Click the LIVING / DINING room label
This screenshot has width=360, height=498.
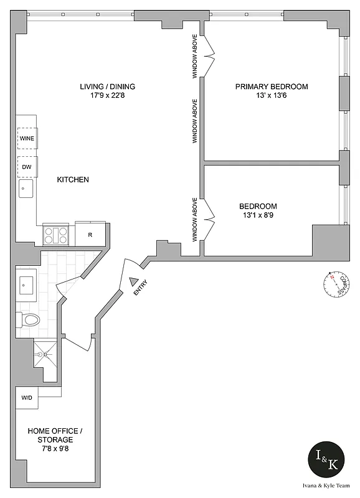click(x=107, y=87)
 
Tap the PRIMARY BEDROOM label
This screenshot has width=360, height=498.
click(x=271, y=87)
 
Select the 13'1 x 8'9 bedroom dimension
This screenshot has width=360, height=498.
click(x=258, y=216)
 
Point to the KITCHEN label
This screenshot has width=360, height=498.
click(x=73, y=180)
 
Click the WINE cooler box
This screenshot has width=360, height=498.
click(x=27, y=138)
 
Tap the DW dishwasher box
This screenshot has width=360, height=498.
click(x=27, y=167)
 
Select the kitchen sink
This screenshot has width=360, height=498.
click(x=26, y=188)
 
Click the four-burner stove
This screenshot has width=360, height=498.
click(x=55, y=235)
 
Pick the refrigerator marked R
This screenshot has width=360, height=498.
click(x=90, y=235)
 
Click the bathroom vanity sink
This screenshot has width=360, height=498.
click(x=26, y=285)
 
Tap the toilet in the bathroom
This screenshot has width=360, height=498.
click(x=28, y=320)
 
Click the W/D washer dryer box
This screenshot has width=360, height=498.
click(x=27, y=397)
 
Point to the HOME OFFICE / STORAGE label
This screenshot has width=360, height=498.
click(x=53, y=435)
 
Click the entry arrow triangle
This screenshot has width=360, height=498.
click(x=133, y=281)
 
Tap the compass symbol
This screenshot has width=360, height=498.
click(x=334, y=284)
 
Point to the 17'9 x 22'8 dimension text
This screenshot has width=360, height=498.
click(x=107, y=96)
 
